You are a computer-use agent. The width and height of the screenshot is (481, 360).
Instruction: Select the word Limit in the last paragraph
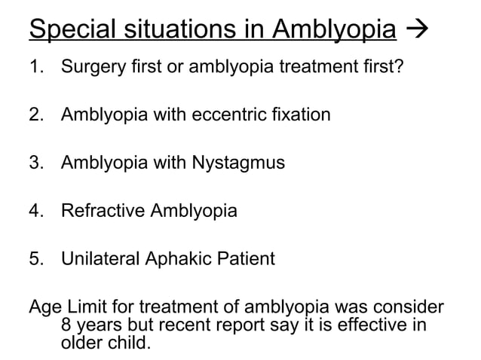click(86, 307)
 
